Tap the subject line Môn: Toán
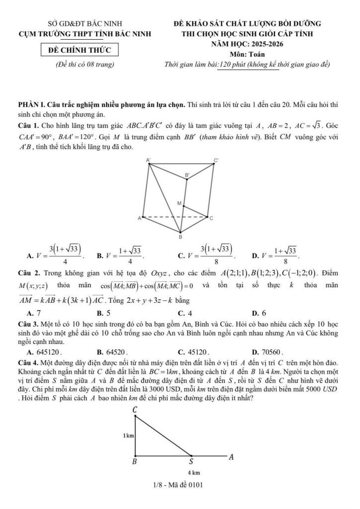pyautogui.click(x=246, y=54)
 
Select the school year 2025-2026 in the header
pyautogui.click(x=247, y=44)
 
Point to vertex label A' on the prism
pyautogui.click(x=148, y=160)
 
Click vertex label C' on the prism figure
pyautogui.click(x=216, y=160)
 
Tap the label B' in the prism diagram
pyautogui.click(x=187, y=175)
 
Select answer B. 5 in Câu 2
pyautogui.click(x=103, y=313)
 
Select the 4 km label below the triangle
pyautogui.click(x=193, y=472)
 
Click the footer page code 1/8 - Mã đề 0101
pyautogui.click(x=180, y=485)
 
